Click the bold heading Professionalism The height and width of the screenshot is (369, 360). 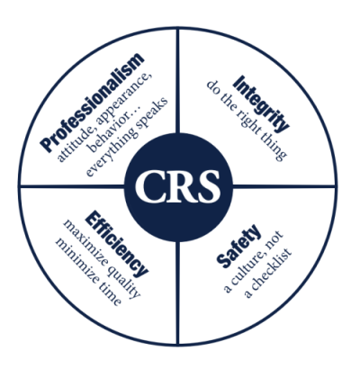[x=92, y=103]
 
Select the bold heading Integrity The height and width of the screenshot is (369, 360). [x=261, y=103]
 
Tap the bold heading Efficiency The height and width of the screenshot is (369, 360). [x=117, y=244]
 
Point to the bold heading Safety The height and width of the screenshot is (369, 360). [x=238, y=246]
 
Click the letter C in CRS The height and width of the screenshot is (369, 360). [x=149, y=186]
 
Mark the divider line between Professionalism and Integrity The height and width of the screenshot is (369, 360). [x=178, y=81]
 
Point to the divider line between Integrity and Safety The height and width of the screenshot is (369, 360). [x=283, y=186]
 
